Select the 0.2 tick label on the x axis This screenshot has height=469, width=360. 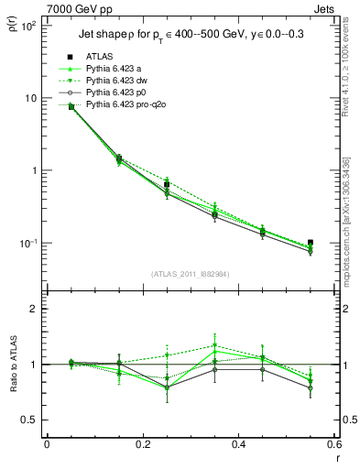(x=142, y=445)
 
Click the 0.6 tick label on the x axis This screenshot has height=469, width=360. (x=333, y=445)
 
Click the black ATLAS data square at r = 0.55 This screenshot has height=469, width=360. (x=311, y=243)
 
